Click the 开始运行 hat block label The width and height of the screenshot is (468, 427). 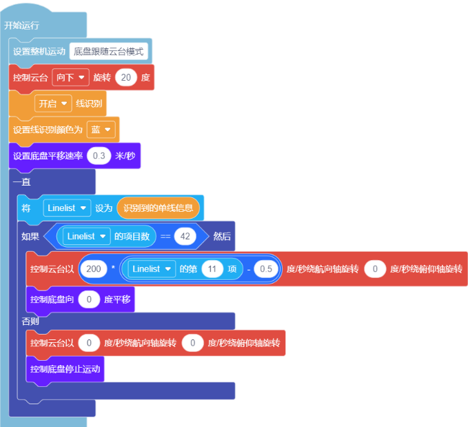(x=21, y=26)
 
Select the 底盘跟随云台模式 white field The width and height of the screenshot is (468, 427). (x=109, y=52)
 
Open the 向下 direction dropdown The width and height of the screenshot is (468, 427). (x=70, y=77)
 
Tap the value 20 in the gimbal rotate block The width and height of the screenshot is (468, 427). (x=126, y=77)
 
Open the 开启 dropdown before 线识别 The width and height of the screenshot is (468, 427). (x=53, y=103)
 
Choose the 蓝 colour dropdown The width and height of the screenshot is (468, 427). (x=101, y=130)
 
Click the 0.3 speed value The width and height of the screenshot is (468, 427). (x=99, y=156)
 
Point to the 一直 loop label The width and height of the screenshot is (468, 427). (x=22, y=181)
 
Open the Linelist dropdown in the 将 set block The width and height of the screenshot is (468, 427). (x=67, y=208)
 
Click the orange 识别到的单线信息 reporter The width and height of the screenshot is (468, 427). (x=159, y=208)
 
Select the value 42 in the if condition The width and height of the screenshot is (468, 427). (x=185, y=237)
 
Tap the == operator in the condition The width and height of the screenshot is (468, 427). (x=165, y=237)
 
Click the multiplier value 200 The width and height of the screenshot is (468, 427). (x=94, y=269)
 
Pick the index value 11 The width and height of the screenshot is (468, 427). (x=212, y=269)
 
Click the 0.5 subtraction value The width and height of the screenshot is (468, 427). (x=266, y=269)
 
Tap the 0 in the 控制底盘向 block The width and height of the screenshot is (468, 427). (x=89, y=299)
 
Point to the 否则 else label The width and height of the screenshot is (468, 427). (x=30, y=321)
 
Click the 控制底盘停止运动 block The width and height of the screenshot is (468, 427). (x=65, y=369)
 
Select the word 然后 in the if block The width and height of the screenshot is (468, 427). (x=222, y=237)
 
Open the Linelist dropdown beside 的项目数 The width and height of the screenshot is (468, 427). (x=87, y=237)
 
